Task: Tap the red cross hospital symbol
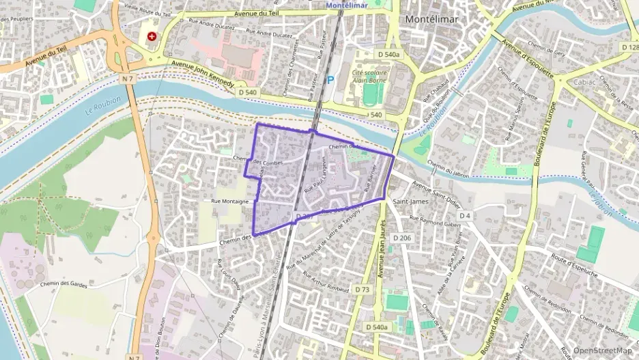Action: pos(151,36)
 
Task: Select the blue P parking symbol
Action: pos(330,79)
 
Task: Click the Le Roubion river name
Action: pos(104,104)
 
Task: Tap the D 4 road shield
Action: pos(466,216)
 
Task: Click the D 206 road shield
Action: pos(403,238)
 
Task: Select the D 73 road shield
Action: pos(363,290)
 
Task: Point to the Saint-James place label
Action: pos(411,202)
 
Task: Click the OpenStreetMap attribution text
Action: pos(603,351)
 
